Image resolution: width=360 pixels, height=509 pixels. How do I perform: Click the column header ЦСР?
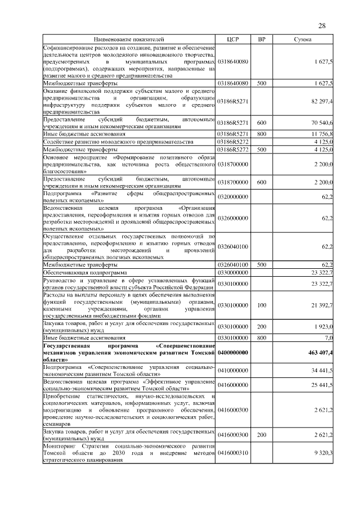click(x=233, y=40)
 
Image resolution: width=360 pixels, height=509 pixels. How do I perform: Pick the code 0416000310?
click(x=233, y=453)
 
